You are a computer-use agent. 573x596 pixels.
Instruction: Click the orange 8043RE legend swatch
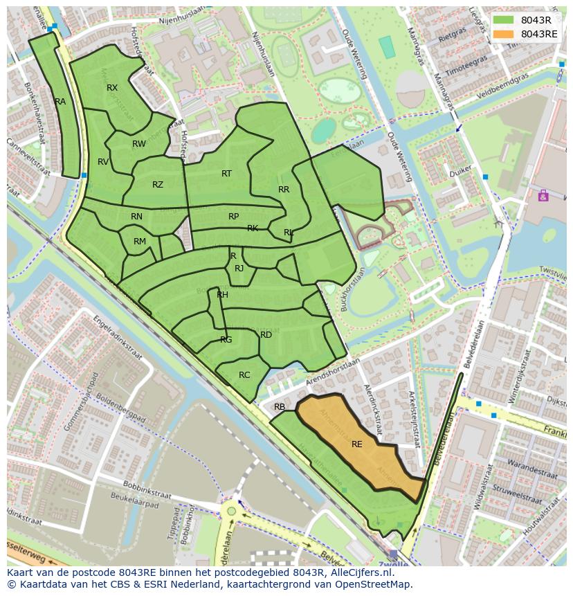pyautogui.click(x=504, y=34)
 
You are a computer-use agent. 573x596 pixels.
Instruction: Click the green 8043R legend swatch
pyautogui.click(x=504, y=19)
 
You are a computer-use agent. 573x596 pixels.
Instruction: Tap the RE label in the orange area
pyautogui.click(x=357, y=444)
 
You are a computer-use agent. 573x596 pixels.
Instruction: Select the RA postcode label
pyautogui.click(x=60, y=102)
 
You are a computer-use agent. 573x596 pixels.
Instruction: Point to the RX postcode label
pyautogui.click(x=112, y=88)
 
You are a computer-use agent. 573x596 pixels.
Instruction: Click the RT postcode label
pyautogui.click(x=226, y=174)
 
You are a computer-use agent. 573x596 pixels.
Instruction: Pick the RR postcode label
pyautogui.click(x=284, y=190)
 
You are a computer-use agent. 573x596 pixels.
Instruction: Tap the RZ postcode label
pyautogui.click(x=158, y=185)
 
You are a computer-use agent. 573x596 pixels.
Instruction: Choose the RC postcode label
pyautogui.click(x=244, y=375)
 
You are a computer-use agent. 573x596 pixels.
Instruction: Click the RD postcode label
pyautogui.click(x=266, y=335)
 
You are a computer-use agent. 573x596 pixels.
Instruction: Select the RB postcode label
pyautogui.click(x=280, y=407)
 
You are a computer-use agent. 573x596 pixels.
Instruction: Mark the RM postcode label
pyautogui.click(x=140, y=242)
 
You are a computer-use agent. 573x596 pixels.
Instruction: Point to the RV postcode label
pyautogui.click(x=103, y=162)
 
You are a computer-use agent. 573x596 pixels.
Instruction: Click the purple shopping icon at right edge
pyautogui.click(x=543, y=196)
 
